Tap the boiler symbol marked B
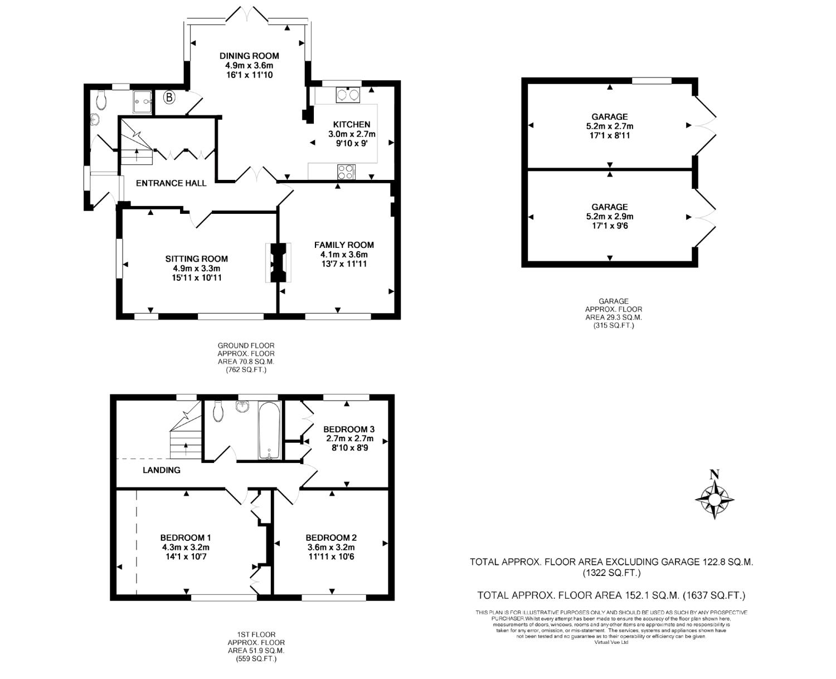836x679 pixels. pos(169,97)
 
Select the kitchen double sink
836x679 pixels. pos(348,95)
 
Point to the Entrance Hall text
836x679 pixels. pos(171,183)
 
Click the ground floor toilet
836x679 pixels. pos(101,100)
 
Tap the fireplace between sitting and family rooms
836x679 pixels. pos(277,262)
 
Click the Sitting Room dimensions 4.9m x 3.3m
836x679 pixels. pos(197,268)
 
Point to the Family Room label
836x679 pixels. pos(344,245)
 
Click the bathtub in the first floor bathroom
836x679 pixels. pos(269,430)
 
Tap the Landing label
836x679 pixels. pos(162,470)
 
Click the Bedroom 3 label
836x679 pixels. pos(349,429)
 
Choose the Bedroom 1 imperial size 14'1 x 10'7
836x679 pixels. pos(185,556)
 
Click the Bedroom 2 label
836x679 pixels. pos(331,538)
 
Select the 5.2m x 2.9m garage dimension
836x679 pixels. pos(610,217)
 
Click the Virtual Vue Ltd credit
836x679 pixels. pos(611,642)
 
